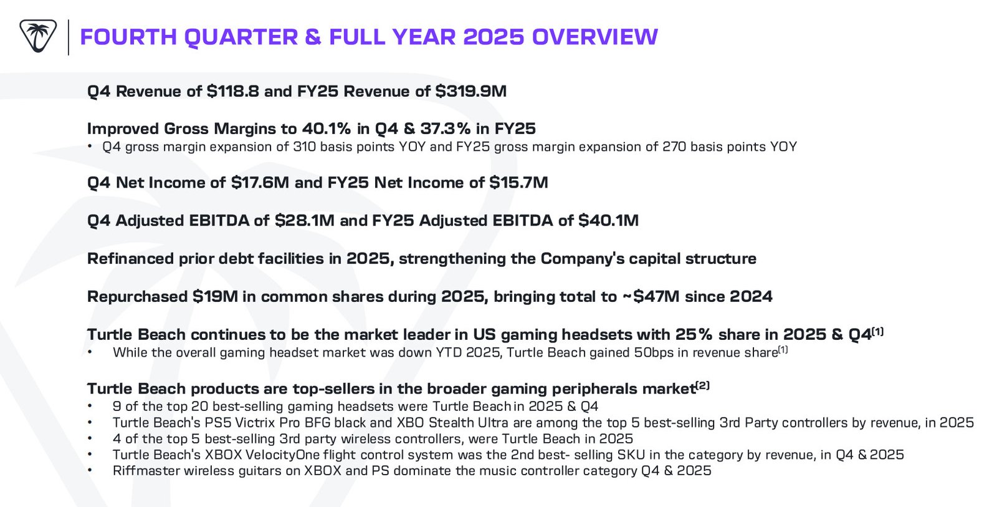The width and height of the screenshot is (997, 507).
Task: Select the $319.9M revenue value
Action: pyautogui.click(x=471, y=92)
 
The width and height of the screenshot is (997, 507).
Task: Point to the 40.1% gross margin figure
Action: pyautogui.click(x=327, y=129)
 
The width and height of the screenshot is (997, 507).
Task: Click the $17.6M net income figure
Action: pyautogui.click(x=260, y=183)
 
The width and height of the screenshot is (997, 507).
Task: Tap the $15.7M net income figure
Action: pyautogui.click(x=518, y=183)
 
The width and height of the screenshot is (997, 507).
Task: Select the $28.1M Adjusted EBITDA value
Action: pyautogui.click(x=305, y=221)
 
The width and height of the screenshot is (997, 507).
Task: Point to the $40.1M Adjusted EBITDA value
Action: pyautogui.click(x=608, y=221)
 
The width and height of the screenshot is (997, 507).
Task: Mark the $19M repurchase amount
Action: pyautogui.click(x=215, y=297)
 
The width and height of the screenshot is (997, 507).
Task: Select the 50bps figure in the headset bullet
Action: pyautogui.click(x=653, y=353)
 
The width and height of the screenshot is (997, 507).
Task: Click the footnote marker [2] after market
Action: pyautogui.click(x=703, y=386)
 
